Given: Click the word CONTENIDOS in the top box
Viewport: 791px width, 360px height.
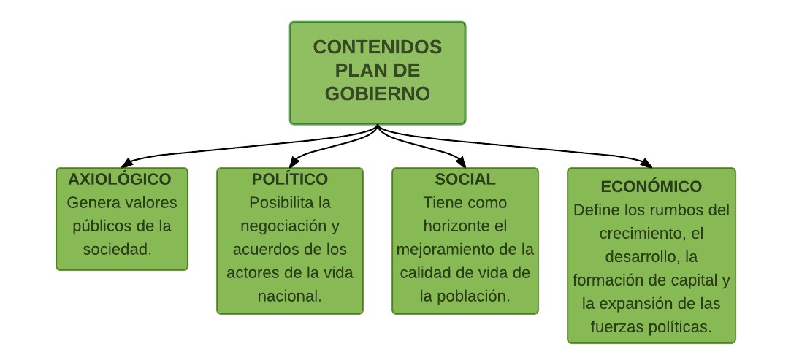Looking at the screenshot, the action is pyautogui.click(x=378, y=47).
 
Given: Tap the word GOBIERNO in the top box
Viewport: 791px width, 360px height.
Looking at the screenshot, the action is pyautogui.click(x=378, y=93).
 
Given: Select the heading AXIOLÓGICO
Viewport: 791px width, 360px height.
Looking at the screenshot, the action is pyautogui.click(x=120, y=179).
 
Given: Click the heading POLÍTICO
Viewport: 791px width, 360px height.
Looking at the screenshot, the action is pyautogui.click(x=289, y=179).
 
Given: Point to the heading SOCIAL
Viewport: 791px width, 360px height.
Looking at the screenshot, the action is pyautogui.click(x=465, y=179).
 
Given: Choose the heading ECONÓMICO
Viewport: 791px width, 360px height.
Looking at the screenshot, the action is pyautogui.click(x=651, y=186).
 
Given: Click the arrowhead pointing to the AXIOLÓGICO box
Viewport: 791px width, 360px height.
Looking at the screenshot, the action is pyautogui.click(x=127, y=162).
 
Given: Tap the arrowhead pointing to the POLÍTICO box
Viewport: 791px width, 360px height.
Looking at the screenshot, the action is pyautogui.click(x=294, y=162).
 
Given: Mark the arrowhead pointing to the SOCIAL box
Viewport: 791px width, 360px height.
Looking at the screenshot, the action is pyautogui.click(x=460, y=162).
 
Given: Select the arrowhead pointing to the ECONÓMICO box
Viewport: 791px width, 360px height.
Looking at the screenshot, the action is pyautogui.click(x=646, y=162).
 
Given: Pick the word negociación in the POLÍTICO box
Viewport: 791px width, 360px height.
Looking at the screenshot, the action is pyautogui.click(x=285, y=226).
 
